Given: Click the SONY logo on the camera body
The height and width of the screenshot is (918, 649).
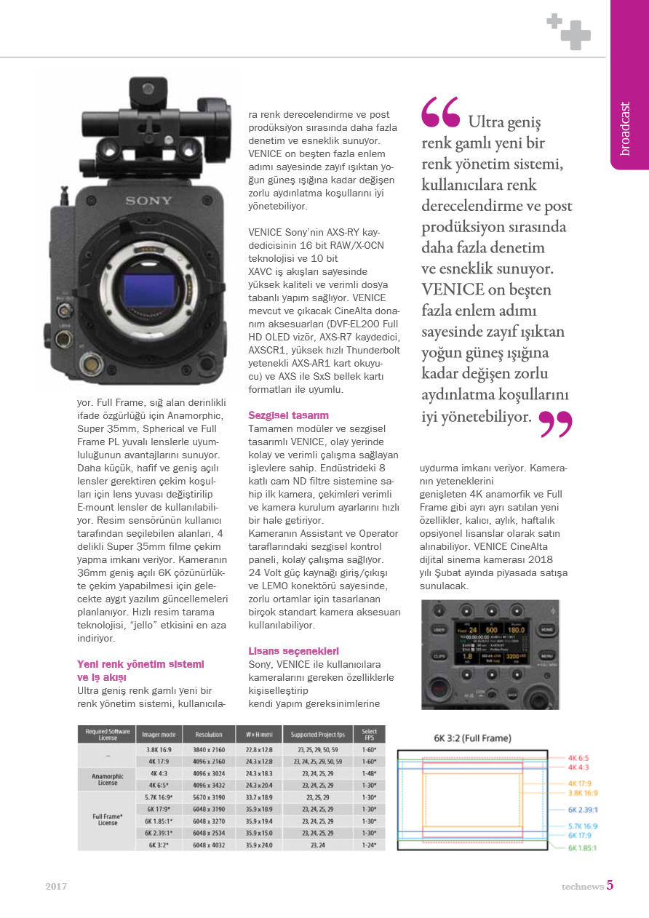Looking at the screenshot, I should click(148, 201).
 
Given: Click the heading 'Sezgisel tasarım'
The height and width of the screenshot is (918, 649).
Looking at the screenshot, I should click(288, 415).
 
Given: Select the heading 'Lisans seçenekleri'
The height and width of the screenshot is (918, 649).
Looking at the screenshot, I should click(293, 651).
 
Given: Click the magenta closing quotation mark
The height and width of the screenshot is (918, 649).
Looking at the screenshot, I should click(556, 425).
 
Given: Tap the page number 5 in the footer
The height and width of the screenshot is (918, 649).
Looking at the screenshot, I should click(610, 886).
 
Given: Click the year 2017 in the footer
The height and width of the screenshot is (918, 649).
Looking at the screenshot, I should click(56, 887).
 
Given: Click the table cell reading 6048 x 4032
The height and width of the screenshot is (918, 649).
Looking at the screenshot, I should click(208, 845).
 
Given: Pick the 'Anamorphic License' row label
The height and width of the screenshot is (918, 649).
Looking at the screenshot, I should click(107, 779).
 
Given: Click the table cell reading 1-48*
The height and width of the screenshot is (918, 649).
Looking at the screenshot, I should click(369, 773).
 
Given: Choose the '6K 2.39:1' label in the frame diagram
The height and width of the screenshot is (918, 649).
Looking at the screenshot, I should click(583, 809).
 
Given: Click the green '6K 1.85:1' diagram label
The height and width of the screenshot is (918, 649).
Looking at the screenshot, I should click(583, 847).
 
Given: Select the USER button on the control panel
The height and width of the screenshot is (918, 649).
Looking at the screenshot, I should click(439, 630).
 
